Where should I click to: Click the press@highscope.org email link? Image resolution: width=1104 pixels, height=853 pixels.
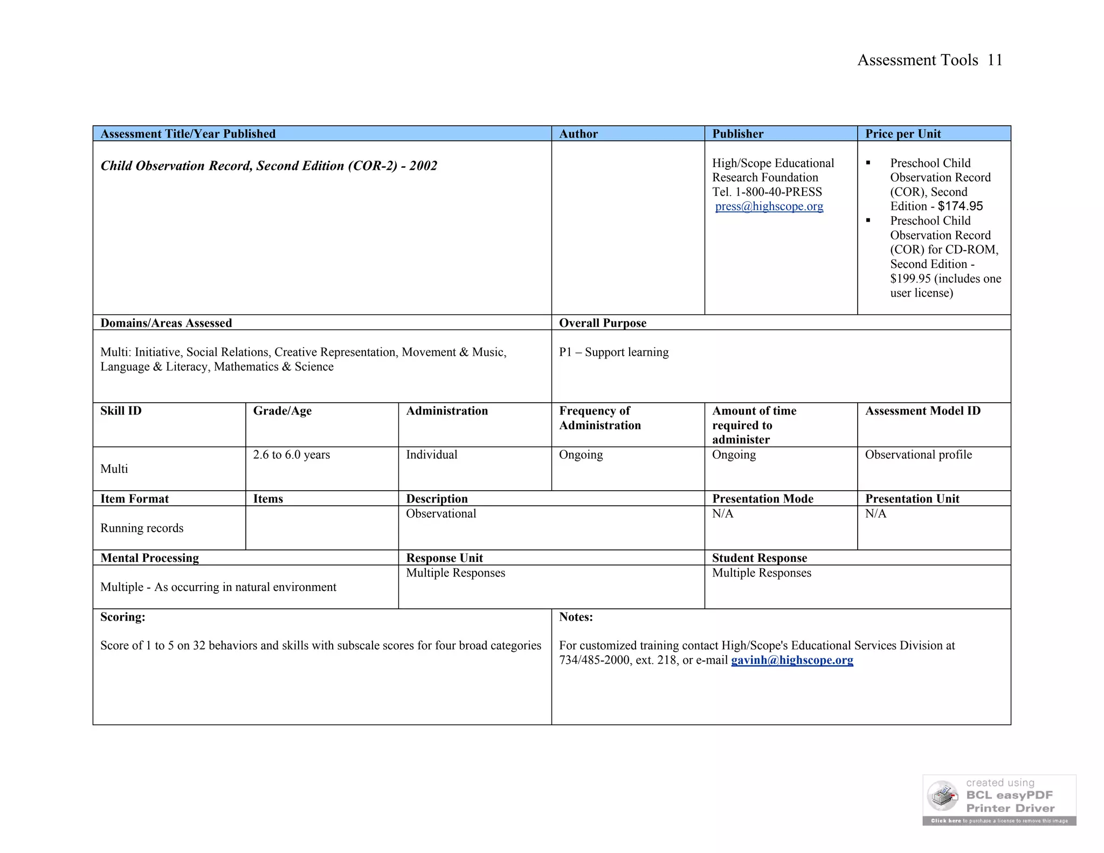(x=769, y=207)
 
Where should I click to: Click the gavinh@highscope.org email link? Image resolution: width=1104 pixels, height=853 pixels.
(x=791, y=660)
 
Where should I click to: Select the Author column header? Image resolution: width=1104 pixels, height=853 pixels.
(x=578, y=134)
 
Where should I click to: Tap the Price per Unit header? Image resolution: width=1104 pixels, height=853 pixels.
(x=903, y=134)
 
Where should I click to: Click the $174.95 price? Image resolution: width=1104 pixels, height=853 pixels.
(x=960, y=206)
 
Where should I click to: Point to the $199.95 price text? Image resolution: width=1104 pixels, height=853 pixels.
(x=910, y=279)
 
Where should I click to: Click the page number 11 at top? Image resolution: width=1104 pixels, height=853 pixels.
(x=995, y=60)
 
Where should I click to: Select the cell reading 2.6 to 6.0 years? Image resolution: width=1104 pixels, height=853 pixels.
(x=291, y=455)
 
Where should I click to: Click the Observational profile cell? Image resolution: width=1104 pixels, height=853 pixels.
(x=918, y=455)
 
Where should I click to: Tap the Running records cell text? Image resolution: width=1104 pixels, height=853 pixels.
(x=142, y=528)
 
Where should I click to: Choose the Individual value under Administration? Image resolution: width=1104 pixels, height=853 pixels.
(x=431, y=455)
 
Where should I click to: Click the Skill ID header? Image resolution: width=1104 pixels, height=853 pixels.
(x=121, y=411)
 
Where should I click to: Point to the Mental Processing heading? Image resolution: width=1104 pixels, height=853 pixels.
(x=149, y=558)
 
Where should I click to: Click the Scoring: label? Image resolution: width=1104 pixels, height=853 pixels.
(x=122, y=617)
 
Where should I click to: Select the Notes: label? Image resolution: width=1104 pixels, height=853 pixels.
(x=576, y=617)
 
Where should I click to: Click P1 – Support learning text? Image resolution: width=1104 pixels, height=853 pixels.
(x=613, y=352)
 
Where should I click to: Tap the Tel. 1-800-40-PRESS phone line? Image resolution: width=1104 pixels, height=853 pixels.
(x=767, y=192)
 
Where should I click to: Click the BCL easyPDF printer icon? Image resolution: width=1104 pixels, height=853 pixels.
(x=942, y=796)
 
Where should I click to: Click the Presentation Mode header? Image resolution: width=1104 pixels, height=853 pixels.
(x=762, y=499)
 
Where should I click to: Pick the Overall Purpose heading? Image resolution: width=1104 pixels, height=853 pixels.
(x=602, y=323)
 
